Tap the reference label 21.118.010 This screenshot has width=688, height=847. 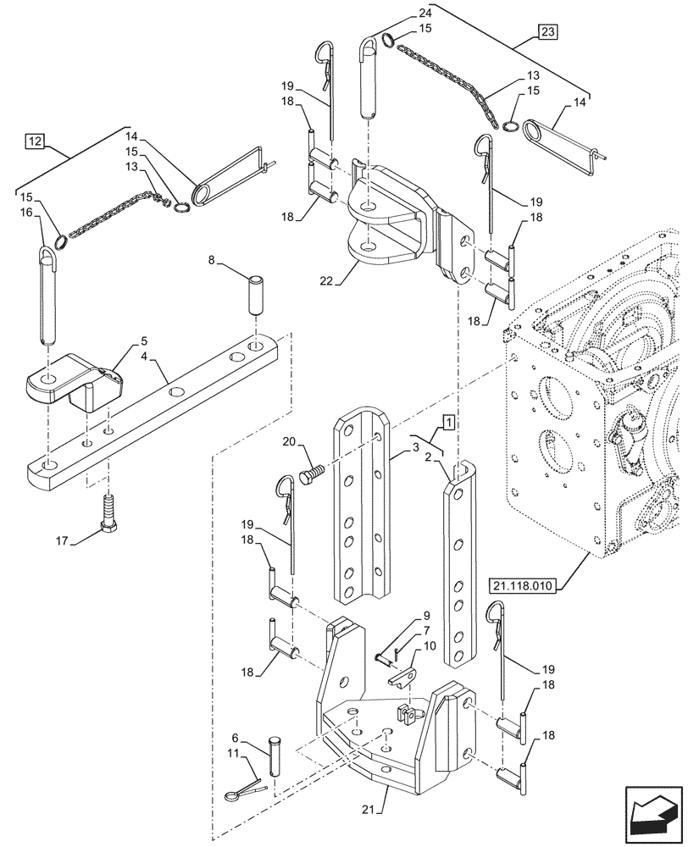[x=530, y=585]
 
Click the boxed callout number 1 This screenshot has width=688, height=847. [x=447, y=421]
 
